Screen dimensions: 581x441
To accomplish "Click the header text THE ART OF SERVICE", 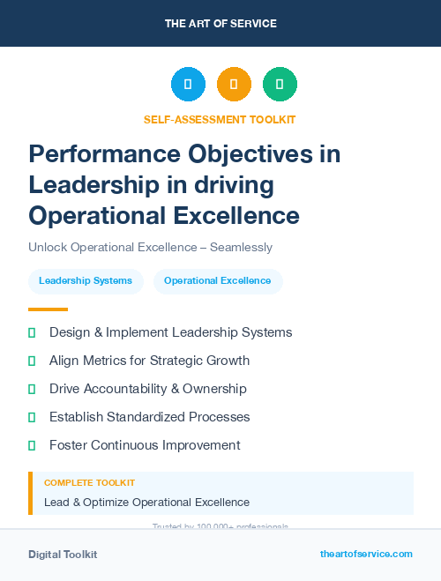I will click(x=220, y=24).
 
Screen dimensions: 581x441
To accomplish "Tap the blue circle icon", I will click(x=188, y=85).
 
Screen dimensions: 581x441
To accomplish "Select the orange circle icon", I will click(x=234, y=85).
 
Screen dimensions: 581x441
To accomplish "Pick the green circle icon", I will click(x=280, y=85).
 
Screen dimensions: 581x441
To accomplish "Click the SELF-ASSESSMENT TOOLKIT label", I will click(x=220, y=119).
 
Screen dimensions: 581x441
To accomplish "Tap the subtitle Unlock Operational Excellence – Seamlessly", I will click(x=150, y=247).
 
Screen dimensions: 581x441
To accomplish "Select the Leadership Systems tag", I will click(x=86, y=281).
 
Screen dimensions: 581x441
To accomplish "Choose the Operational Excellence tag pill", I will click(x=218, y=281).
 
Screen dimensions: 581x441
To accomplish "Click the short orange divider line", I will click(x=48, y=309).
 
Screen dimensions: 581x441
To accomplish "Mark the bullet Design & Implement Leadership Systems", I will click(x=170, y=332).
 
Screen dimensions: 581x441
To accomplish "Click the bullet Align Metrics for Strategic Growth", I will click(x=149, y=361).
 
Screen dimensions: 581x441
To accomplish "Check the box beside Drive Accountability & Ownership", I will click(x=32, y=389).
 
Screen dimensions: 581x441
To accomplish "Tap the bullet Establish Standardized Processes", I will click(x=149, y=417).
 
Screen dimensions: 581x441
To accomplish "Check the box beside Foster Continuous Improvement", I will click(x=32, y=445).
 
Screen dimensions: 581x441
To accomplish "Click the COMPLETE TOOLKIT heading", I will click(x=89, y=483).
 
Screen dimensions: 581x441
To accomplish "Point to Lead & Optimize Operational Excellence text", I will click(x=146, y=503).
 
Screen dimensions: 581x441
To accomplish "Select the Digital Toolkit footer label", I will click(x=63, y=555).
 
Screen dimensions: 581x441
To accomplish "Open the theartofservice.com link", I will click(x=366, y=554).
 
